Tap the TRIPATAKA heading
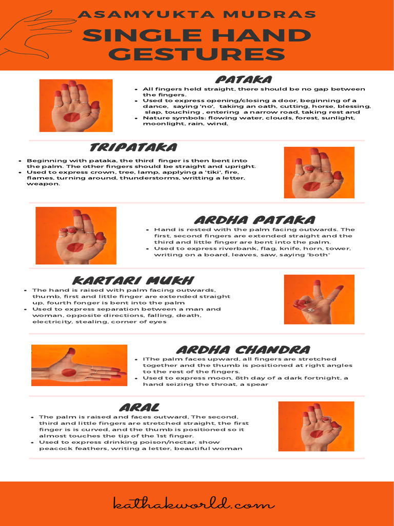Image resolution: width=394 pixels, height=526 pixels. click(x=133, y=148)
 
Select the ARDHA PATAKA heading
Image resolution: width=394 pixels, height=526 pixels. click(x=254, y=220)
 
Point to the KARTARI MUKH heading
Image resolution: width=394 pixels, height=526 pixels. click(x=133, y=280)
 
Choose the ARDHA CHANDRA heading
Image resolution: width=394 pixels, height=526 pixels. click(x=243, y=350)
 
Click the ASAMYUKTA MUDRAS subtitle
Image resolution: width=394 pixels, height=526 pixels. click(x=196, y=14)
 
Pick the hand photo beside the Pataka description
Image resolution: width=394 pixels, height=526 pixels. click(x=76, y=105)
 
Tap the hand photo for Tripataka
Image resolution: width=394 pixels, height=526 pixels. click(x=319, y=173)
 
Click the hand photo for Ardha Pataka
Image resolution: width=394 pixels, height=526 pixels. click(x=76, y=235)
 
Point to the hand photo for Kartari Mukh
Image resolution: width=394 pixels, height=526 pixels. click(x=319, y=299)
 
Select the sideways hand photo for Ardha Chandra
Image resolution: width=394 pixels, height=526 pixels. click(x=79, y=365)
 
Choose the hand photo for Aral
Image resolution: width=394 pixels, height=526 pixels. click(x=316, y=426)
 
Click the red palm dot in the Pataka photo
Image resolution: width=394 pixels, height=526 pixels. click(x=71, y=117)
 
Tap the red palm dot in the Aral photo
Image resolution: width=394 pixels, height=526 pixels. click(x=317, y=434)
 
